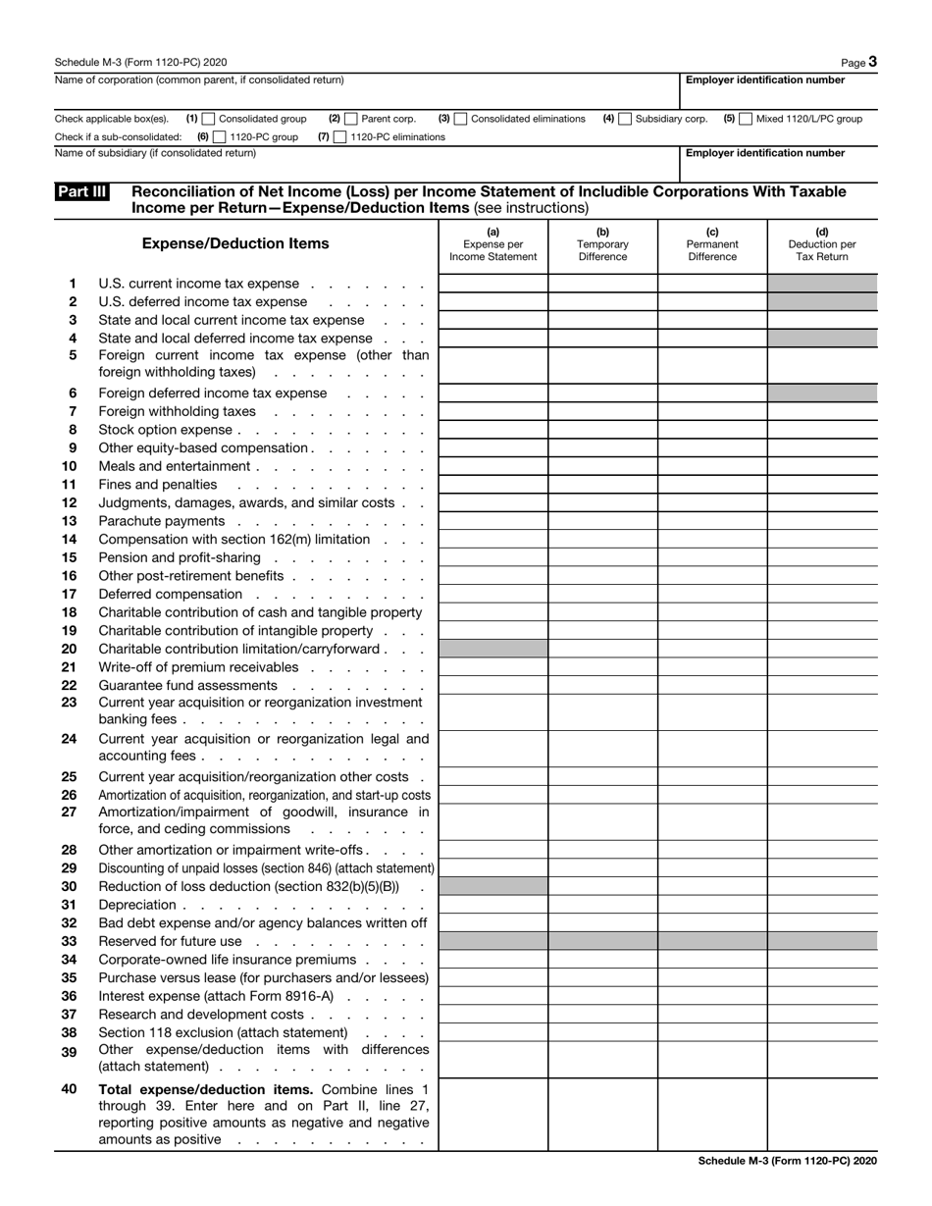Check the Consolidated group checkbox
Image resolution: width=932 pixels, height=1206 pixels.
[x=209, y=119]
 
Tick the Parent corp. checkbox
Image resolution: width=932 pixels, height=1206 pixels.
[x=352, y=119]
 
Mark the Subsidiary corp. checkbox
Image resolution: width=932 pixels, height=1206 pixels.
[x=626, y=119]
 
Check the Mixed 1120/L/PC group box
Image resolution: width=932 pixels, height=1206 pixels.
[x=746, y=119]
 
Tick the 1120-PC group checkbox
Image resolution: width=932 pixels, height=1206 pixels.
[x=220, y=137]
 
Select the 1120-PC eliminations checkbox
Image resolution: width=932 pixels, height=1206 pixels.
[x=340, y=137]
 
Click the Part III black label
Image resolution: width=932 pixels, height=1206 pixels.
[x=82, y=192]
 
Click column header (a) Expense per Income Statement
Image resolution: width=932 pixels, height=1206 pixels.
[x=492, y=244]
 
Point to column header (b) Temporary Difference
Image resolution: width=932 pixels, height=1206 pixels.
[x=602, y=244]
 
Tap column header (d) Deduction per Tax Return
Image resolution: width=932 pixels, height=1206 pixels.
[x=822, y=244]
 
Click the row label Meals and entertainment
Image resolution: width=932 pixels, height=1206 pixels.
[x=175, y=466]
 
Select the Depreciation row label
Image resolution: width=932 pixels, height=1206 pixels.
[x=137, y=905]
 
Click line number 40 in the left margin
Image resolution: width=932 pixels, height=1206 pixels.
[x=69, y=1089]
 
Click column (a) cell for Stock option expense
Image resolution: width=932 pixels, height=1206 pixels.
[x=492, y=430]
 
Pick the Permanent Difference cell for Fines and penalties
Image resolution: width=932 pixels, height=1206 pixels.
[x=712, y=485]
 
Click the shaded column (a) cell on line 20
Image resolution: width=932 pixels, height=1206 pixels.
[x=492, y=649]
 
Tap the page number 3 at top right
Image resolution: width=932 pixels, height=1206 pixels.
[x=872, y=62]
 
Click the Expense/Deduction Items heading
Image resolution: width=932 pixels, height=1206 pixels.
[x=235, y=243]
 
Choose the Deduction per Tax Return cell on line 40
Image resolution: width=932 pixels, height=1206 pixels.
[x=822, y=1114]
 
